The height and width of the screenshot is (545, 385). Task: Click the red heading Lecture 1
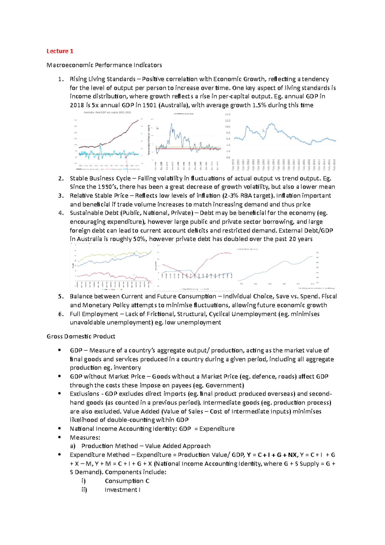(x=60, y=51)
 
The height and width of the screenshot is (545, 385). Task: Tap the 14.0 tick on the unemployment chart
(x=227, y=115)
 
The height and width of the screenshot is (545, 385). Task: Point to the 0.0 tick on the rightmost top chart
(x=228, y=157)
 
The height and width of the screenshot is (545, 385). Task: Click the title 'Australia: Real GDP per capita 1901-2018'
(x=107, y=112)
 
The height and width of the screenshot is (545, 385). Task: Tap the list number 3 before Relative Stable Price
(x=61, y=195)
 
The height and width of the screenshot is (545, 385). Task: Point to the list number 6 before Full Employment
(x=61, y=314)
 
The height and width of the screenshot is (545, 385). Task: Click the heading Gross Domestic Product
(x=81, y=336)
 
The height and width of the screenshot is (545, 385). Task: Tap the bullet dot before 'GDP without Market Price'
(x=59, y=376)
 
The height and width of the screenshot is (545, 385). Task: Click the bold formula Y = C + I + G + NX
(x=272, y=455)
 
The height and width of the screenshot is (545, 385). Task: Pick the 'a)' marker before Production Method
(x=73, y=446)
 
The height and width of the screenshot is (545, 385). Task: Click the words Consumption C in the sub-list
(x=127, y=481)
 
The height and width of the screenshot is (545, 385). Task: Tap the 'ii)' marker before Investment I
(x=84, y=490)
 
